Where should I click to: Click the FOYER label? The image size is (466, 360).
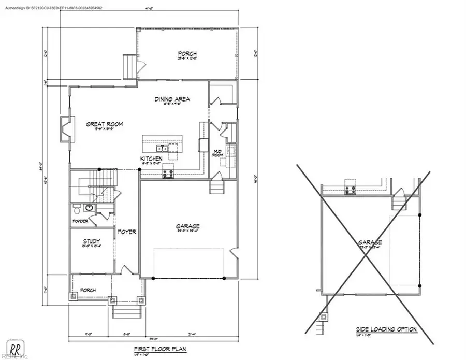click(126, 232)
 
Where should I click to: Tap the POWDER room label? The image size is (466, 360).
click(81, 221)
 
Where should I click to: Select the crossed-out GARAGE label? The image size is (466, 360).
click(370, 242)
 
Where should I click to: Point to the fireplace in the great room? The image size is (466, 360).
click(65, 130)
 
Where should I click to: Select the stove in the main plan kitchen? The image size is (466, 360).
click(168, 174)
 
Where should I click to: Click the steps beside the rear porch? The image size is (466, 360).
click(128, 66)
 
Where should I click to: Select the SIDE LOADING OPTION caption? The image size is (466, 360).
click(386, 329)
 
